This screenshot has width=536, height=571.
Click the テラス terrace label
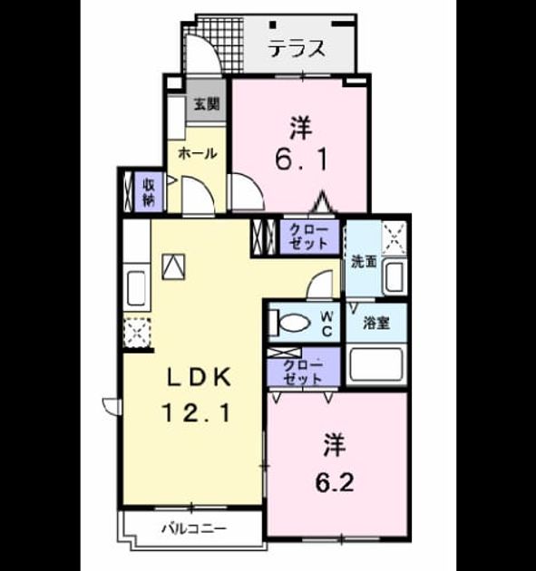pos(297,48)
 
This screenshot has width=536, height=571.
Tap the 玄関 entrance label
pos(207,104)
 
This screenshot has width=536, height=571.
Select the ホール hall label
pos(198,154)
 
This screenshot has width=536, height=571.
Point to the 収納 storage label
pos(149,193)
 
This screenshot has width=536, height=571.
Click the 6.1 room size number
pos(302,160)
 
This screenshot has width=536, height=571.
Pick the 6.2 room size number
pos(335,483)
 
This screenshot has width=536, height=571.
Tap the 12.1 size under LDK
pos(197,413)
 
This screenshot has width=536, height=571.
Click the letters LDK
pos(199,377)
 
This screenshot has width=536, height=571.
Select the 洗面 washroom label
pos(364,262)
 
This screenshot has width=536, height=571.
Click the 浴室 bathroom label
pos(376,323)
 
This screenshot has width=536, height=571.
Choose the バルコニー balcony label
pos(194,528)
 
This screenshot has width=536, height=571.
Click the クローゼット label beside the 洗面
pos(309,237)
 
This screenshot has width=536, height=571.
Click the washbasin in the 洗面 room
pos(395,277)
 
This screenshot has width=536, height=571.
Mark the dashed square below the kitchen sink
pos(137,332)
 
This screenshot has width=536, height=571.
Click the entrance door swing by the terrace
pos(203,53)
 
